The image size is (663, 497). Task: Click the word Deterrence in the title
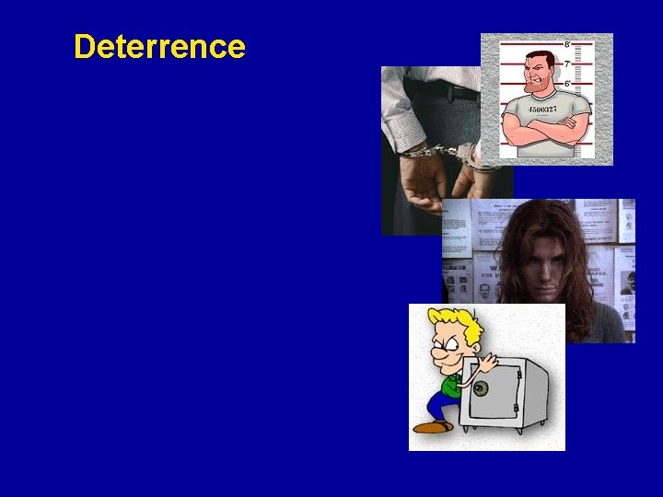coord(159,46)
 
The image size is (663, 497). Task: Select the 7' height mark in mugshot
coord(567,64)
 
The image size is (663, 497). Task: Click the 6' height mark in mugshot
coord(567,84)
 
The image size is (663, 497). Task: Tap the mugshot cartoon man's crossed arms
coord(545,136)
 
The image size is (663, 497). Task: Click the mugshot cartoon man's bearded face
coord(538,75)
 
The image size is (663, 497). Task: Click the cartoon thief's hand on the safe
coord(485,361)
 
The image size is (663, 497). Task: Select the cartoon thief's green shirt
coord(451,382)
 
